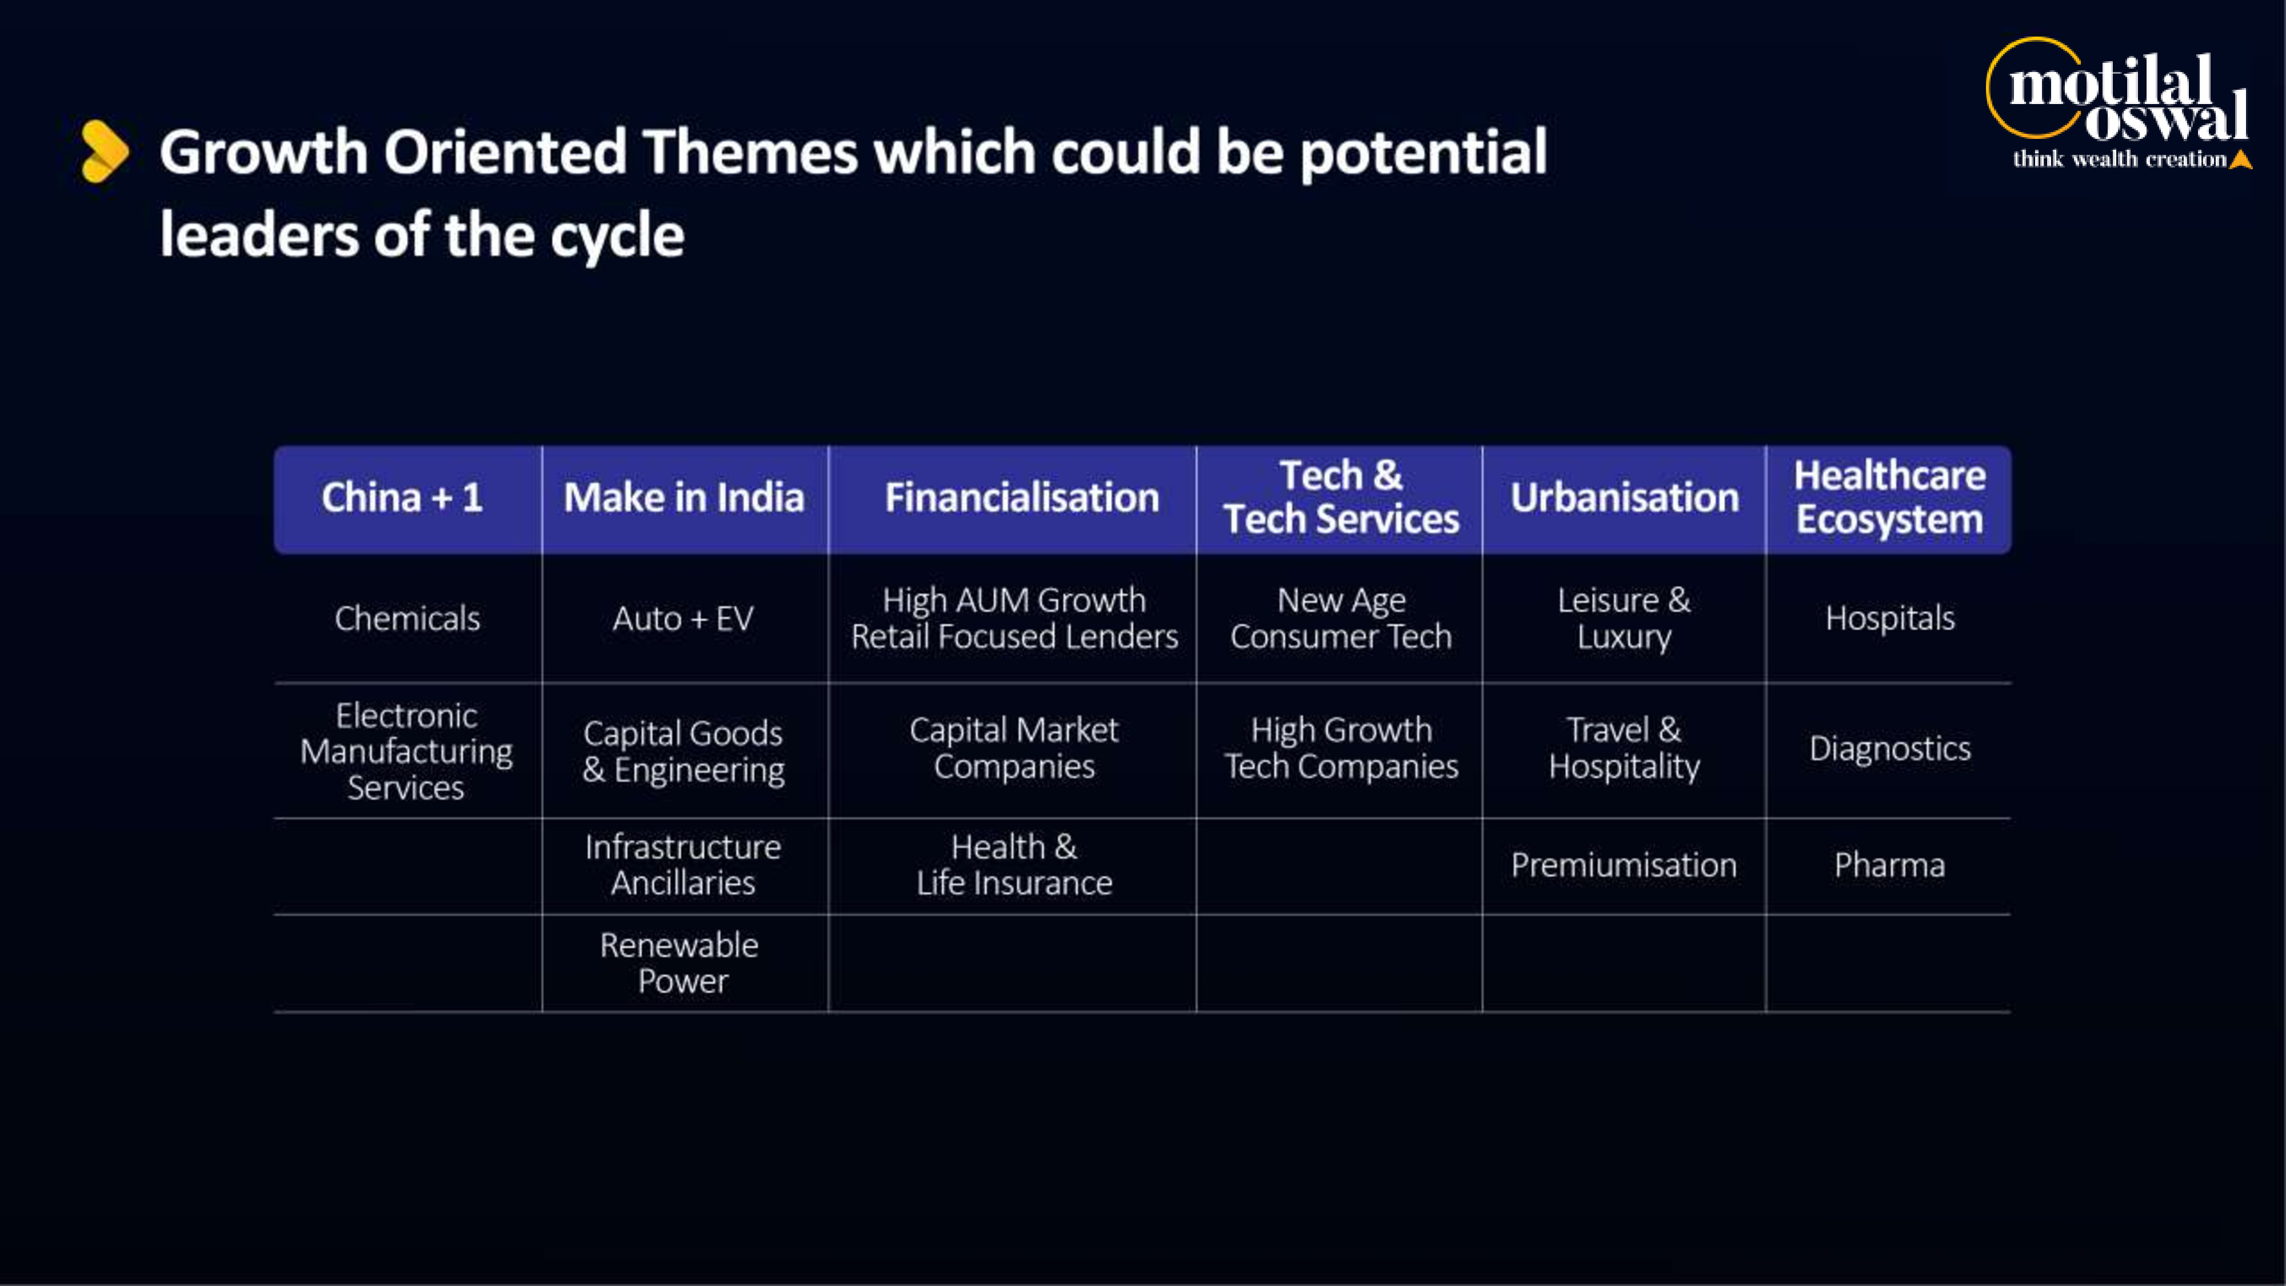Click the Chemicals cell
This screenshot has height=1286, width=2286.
[407, 618]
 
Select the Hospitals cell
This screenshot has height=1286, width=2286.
[1889, 618]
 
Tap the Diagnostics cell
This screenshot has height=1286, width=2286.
[1889, 748]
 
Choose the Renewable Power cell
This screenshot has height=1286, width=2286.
[681, 963]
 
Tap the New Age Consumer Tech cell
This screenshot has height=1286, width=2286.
[1341, 618]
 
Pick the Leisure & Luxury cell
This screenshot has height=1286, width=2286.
[1624, 618]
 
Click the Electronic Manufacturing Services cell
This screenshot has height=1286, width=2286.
[406, 751]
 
